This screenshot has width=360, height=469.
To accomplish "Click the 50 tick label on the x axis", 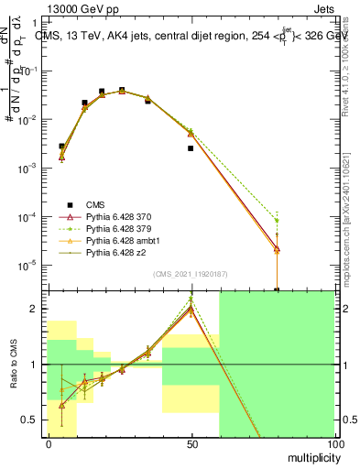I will [191, 444].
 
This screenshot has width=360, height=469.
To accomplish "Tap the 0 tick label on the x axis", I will [49, 444].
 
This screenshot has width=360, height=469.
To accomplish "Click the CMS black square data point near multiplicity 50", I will [191, 148].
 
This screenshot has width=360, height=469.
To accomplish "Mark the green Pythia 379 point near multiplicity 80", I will [277, 221].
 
